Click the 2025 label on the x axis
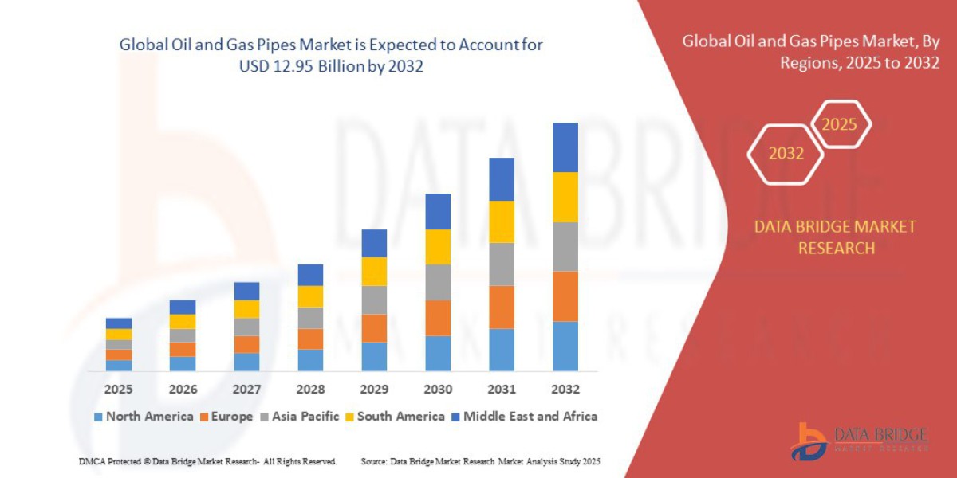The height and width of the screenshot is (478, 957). (118, 390)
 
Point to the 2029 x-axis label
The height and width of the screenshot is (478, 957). (373, 390)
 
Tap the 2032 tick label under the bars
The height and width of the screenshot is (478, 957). (565, 390)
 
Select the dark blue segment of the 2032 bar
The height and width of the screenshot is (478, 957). (565, 147)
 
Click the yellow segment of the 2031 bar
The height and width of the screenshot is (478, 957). (502, 221)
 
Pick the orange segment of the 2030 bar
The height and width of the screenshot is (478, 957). (438, 317)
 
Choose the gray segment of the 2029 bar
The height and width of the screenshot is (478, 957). (374, 300)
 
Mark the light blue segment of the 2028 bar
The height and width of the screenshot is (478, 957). (310, 359)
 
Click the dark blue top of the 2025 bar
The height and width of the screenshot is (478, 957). (119, 323)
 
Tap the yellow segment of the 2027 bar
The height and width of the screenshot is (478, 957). (246, 308)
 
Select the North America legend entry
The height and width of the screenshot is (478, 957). (144, 416)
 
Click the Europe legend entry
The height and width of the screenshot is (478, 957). (227, 416)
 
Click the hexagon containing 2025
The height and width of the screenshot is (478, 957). (839, 124)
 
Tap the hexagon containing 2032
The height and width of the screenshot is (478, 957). (786, 153)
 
